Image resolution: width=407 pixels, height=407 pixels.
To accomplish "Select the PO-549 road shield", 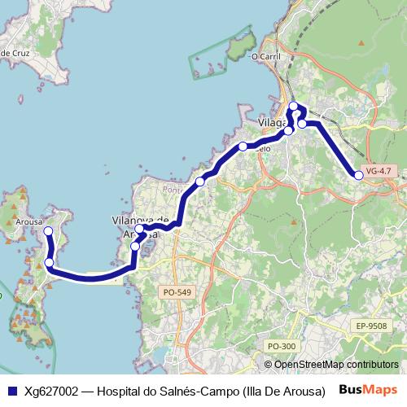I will click(177, 291).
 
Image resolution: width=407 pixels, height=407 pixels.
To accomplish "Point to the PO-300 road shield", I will click(282, 346).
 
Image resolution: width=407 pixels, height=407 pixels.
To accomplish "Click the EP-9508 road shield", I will click(370, 326).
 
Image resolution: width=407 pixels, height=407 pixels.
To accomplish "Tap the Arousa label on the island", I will click(29, 221).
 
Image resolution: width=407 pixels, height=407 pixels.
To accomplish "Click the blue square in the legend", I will click(11, 391).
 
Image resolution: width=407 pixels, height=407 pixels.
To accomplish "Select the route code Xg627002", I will click(50, 391).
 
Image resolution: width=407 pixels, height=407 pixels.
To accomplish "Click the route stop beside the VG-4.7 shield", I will click(358, 175).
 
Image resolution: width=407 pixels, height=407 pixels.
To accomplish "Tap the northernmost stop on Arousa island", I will click(47, 231).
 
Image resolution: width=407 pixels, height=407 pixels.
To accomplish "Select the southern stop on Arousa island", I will click(49, 262).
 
